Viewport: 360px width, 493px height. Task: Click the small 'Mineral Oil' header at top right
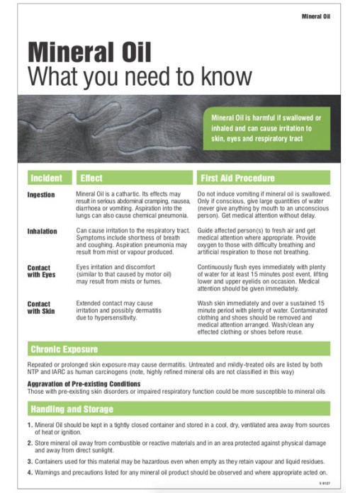point(315,15)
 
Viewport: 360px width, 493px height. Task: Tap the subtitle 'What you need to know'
point(139,76)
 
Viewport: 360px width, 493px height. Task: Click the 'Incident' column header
point(46,178)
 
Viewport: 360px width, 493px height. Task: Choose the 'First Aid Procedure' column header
point(237,178)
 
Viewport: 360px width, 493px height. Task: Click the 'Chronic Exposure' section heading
point(64,350)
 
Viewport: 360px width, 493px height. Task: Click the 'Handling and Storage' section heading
point(72,409)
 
